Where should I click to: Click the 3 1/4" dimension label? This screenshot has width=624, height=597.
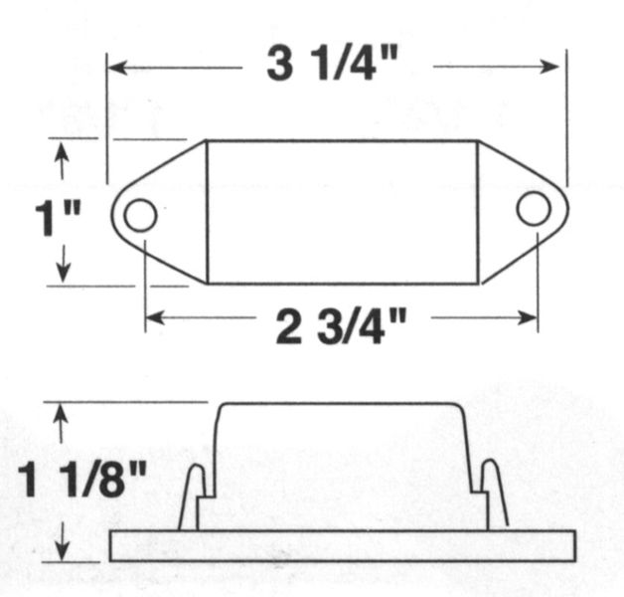pos(332,64)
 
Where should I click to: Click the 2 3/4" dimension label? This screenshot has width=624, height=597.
pos(341,326)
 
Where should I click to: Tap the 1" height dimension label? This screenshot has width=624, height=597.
pos(58,218)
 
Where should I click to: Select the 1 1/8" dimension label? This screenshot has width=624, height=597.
pos(82,480)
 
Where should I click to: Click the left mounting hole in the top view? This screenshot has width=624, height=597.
pos(140,215)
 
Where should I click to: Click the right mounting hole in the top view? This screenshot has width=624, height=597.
pos(534,208)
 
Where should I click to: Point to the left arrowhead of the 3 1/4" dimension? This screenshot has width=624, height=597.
pos(118,68)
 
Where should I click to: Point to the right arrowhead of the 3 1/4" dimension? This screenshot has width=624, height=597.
pos(549,66)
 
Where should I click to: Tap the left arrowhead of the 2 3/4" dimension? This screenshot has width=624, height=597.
pos(155,318)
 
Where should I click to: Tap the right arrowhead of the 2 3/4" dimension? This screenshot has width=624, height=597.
pos(528,317)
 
